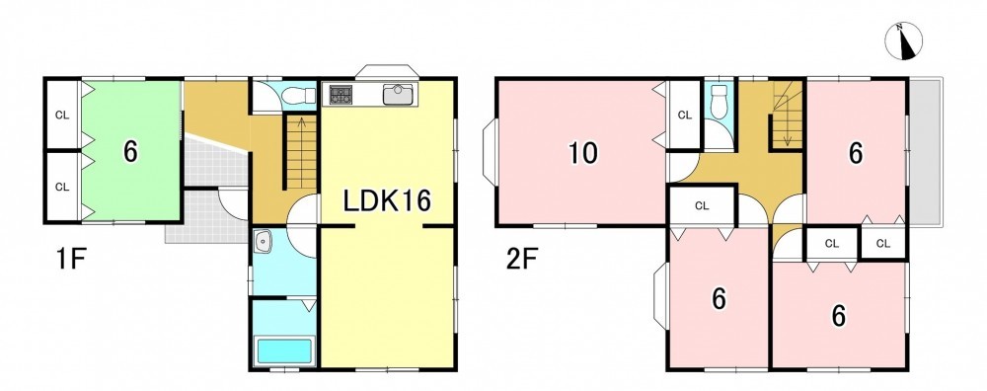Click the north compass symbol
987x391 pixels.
click(x=903, y=41)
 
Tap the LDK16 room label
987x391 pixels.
click(x=387, y=201)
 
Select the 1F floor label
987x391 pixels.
click(x=70, y=260)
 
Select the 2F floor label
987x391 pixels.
click(x=522, y=260)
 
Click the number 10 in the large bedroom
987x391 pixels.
click(x=583, y=153)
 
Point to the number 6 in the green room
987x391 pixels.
click(x=130, y=151)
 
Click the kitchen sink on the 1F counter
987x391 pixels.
click(x=398, y=95)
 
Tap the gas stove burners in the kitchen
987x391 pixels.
click(x=341, y=95)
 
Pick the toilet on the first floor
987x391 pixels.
click(x=297, y=96)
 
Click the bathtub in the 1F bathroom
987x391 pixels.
click(x=284, y=352)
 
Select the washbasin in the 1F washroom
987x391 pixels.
click(x=264, y=241)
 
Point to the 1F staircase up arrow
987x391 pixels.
click(x=301, y=151)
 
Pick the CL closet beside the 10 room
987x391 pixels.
click(x=685, y=115)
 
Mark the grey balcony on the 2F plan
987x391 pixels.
click(x=926, y=152)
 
